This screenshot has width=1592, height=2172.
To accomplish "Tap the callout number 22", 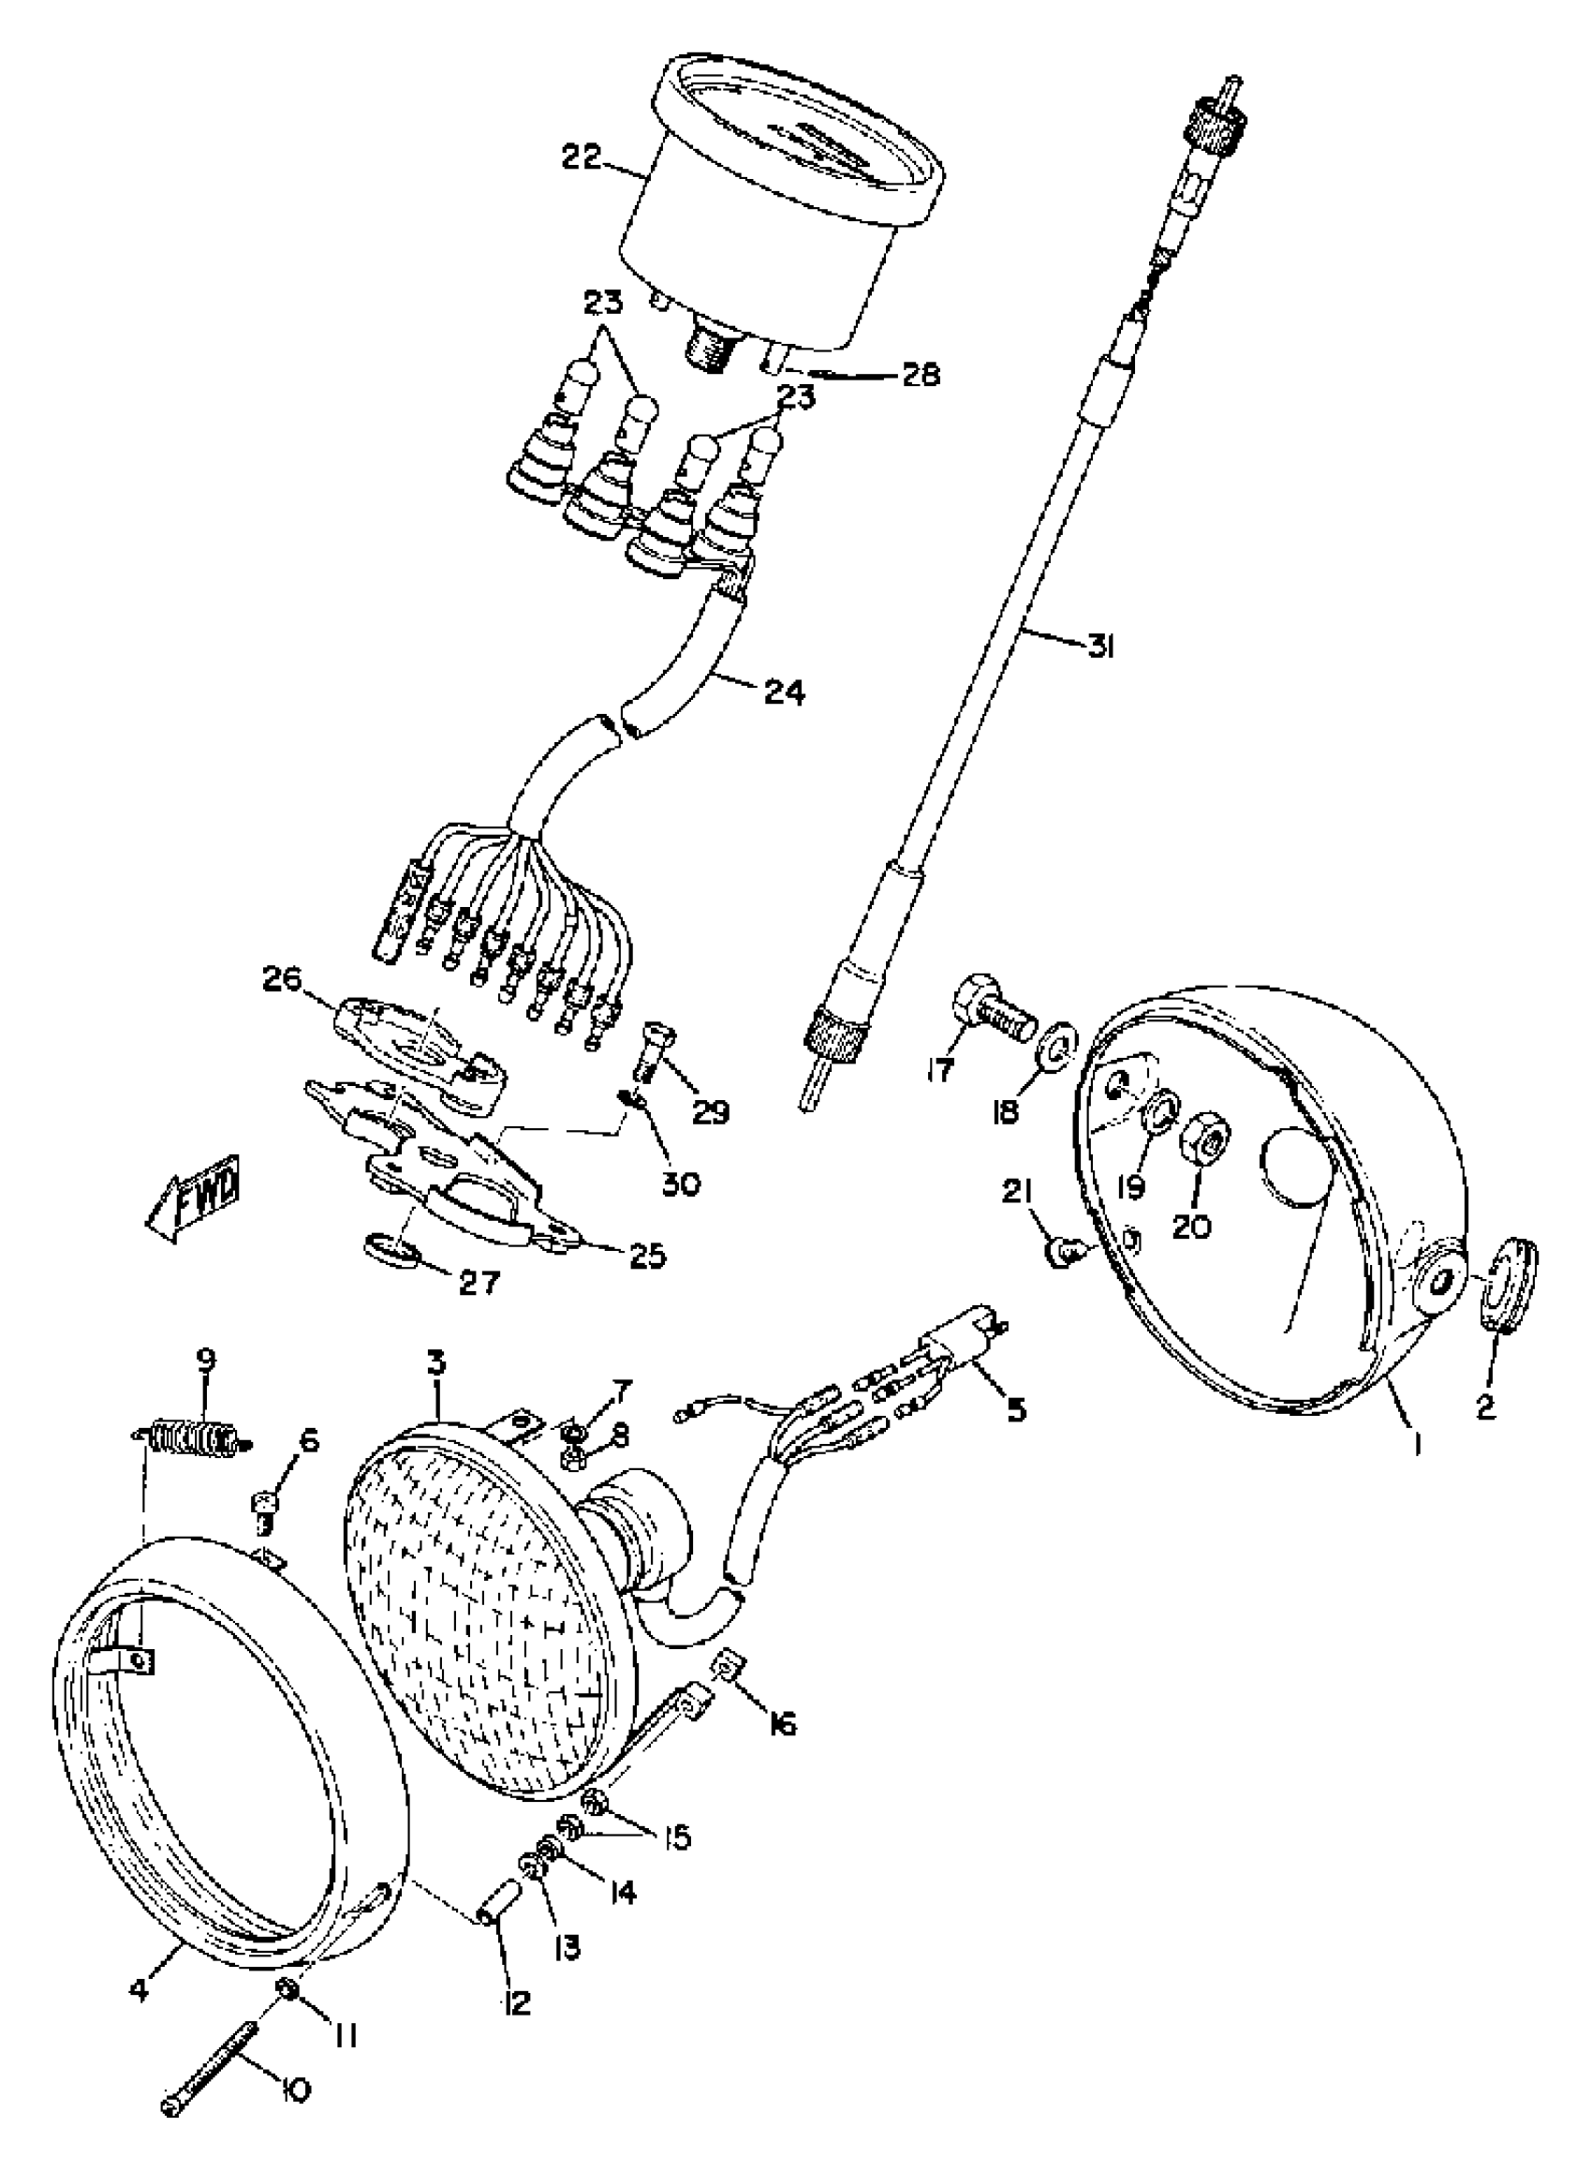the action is [x=583, y=157].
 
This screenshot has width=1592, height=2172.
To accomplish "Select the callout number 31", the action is [x=1098, y=648].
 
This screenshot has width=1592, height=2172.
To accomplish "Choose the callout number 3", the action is [x=436, y=1364].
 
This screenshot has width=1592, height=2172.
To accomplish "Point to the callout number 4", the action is [x=140, y=1989].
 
